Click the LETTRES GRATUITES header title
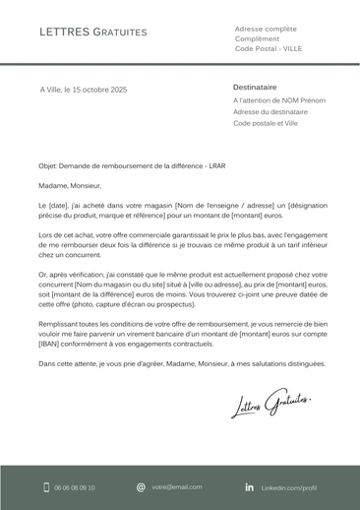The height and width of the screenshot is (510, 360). pos(93,32)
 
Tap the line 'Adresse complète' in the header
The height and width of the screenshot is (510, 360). pos(265,29)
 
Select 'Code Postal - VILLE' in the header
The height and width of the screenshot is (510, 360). pos(269,48)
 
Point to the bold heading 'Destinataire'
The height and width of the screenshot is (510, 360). pos(255,87)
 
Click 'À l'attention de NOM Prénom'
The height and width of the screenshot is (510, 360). pos(278,100)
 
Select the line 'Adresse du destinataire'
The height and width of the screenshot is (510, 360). pos(270,112)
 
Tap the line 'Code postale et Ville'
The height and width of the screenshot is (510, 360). pos(266,124)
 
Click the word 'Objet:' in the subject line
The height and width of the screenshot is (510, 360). pos(48,166)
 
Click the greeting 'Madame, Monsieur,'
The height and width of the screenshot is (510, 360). pos(70,184)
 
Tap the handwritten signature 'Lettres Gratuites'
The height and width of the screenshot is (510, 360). pos(270,401)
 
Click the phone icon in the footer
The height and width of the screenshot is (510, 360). pos(45,487)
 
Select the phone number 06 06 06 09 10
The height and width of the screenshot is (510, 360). pos(75,487)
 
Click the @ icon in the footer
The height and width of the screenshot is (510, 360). pos(141,487)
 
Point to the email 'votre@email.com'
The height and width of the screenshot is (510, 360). pos(177,487)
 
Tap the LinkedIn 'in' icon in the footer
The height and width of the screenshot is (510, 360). pos(249,487)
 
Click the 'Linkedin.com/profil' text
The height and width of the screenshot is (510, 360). pos(288,487)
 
